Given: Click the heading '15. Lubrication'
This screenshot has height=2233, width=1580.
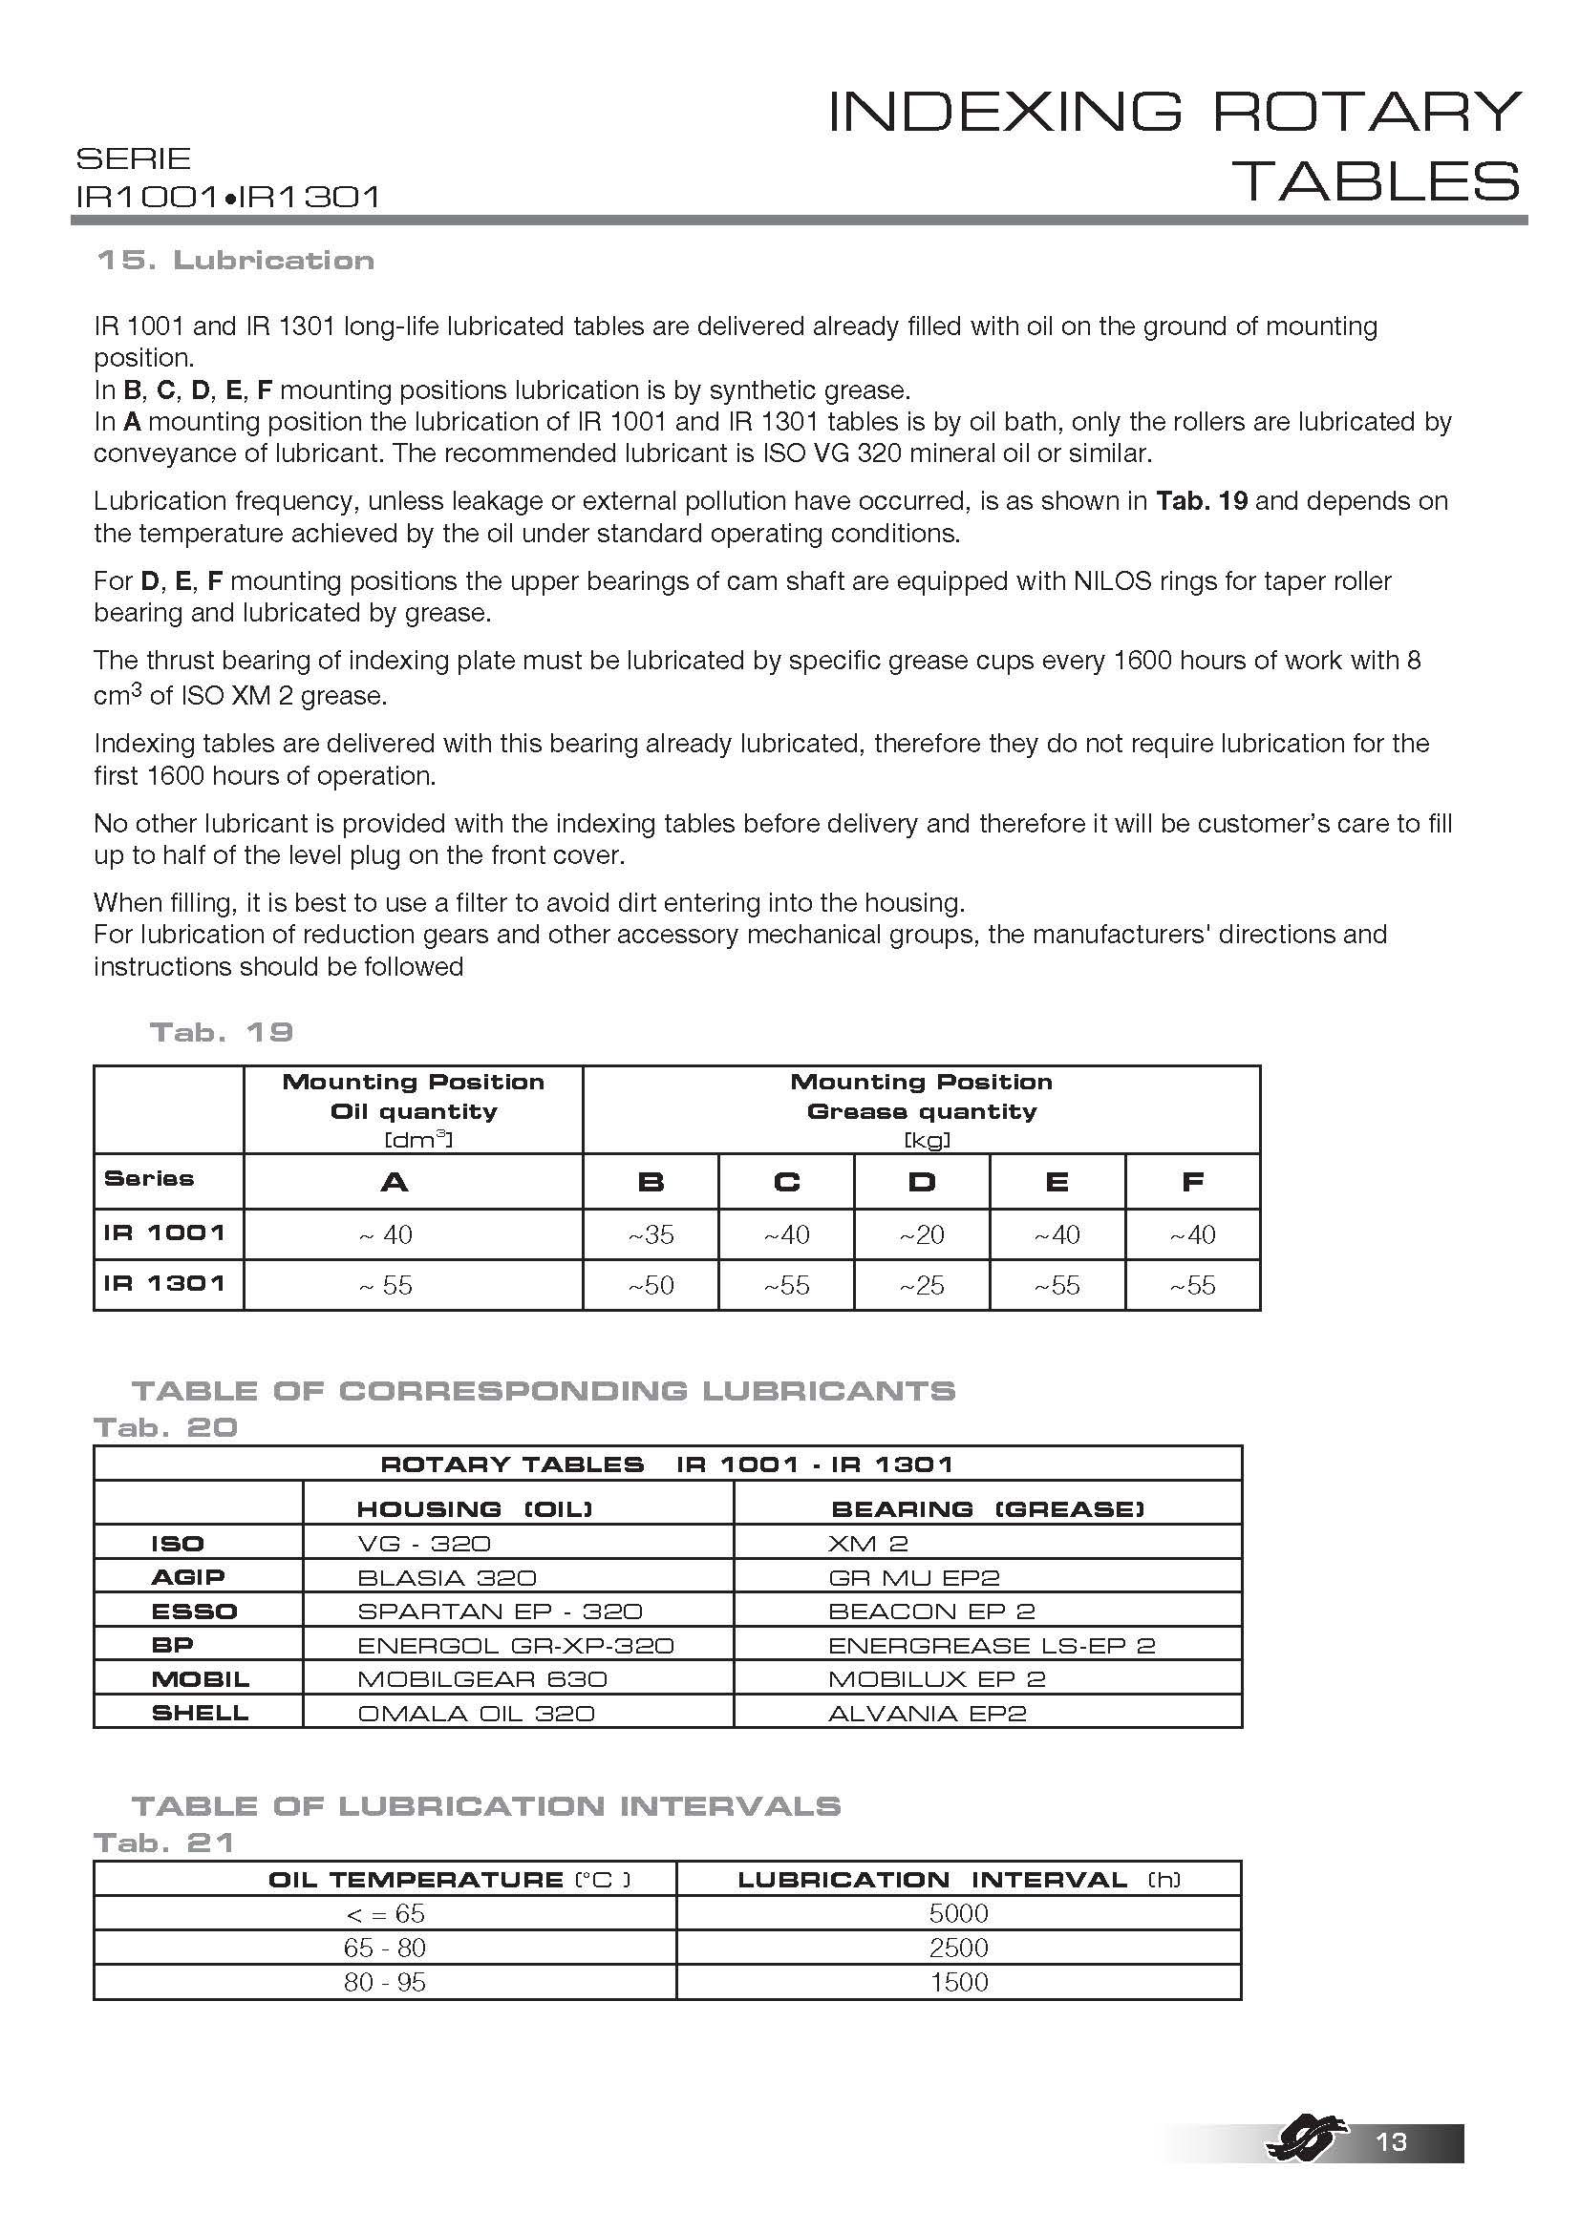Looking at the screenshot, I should (x=235, y=261).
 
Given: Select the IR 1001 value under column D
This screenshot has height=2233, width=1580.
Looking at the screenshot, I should (x=921, y=1234).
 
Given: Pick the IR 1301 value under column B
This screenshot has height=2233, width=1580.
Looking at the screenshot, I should (x=650, y=1285).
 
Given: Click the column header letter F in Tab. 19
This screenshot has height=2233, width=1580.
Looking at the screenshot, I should (x=1192, y=1182).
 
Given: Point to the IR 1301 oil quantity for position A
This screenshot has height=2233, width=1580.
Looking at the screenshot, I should (x=386, y=1285).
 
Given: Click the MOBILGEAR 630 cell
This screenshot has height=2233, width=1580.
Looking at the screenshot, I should (x=481, y=1678).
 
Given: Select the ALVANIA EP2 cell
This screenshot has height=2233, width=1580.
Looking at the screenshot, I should (x=928, y=1713).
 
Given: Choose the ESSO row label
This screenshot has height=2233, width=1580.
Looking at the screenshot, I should (x=194, y=1612).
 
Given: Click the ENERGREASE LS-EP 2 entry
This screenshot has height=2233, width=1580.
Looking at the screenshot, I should (x=992, y=1646).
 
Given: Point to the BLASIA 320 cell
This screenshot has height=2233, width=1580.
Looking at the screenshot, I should (x=446, y=1577).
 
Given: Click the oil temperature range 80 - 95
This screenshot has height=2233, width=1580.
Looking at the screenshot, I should (x=384, y=1981).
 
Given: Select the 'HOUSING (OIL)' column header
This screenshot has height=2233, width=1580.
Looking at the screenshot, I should (x=474, y=1508).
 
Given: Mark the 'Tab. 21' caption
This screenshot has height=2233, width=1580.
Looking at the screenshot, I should (x=163, y=1842).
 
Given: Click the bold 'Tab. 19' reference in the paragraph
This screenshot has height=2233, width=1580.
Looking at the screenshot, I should (x=1202, y=501).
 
